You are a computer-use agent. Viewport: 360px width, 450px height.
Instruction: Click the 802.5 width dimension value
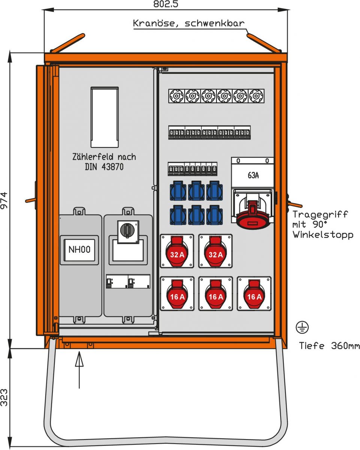[x=166, y=4]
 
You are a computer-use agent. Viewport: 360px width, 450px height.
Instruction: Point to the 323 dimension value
[x=4, y=397]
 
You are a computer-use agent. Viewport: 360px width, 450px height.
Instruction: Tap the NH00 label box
[x=79, y=249]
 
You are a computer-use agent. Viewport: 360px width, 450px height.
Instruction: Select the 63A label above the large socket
[x=253, y=175]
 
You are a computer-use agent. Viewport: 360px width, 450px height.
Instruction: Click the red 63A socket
[x=253, y=211]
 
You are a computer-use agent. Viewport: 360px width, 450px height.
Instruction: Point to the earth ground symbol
[x=302, y=327]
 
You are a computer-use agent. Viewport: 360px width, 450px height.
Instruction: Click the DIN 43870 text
[x=104, y=167]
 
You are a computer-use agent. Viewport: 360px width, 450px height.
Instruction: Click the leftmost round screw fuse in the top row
[x=176, y=96]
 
